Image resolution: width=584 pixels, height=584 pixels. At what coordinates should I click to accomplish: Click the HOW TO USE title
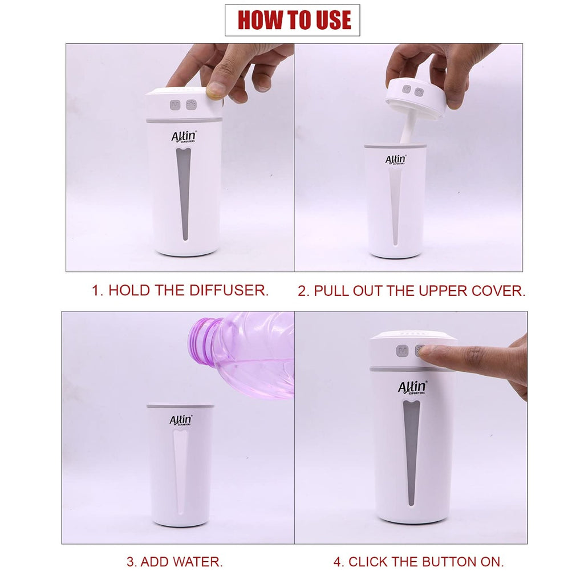tap(294, 20)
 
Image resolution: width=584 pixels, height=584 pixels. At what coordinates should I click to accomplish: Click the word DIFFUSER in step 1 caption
tap(229, 290)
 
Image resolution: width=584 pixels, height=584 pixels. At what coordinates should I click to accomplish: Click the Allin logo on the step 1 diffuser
tap(184, 137)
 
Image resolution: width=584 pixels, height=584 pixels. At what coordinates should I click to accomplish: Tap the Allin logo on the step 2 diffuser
tap(396, 160)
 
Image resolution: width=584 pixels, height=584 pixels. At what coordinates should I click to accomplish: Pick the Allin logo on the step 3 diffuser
tap(181, 420)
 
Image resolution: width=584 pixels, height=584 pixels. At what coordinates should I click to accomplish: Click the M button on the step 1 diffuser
tap(175, 105)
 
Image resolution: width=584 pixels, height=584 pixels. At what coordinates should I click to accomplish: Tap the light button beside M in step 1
tap(191, 105)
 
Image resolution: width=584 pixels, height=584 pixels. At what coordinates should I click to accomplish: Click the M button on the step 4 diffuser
tap(402, 351)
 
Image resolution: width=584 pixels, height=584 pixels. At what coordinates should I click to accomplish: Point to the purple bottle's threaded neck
tap(203, 340)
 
